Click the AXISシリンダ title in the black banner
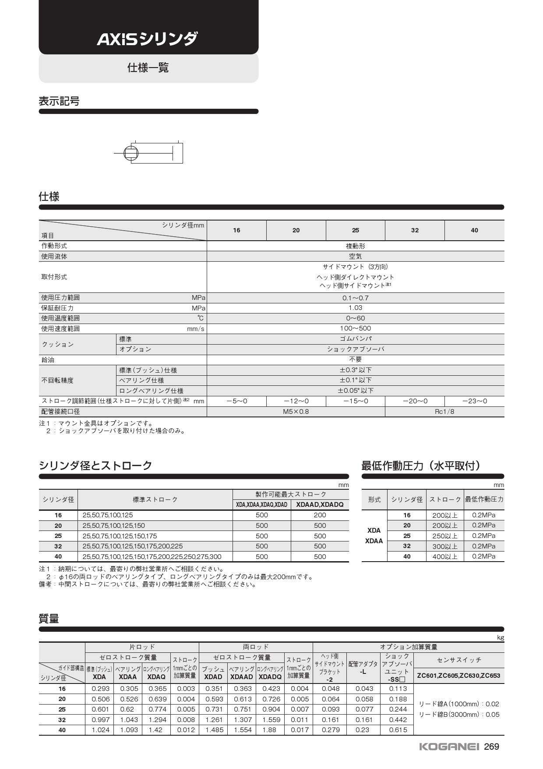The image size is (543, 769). point(147,39)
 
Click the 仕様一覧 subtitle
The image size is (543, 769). point(148,68)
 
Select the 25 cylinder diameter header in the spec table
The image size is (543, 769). point(355,230)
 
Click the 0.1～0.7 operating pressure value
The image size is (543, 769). point(355,298)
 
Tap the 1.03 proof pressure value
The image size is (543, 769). point(355,308)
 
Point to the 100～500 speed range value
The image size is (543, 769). point(355,328)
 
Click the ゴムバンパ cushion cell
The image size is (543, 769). point(355,339)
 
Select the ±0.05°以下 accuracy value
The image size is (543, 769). point(355,390)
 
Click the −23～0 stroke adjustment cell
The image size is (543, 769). point(474,401)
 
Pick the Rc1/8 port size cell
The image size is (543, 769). point(444,411)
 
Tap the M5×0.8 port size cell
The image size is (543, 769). point(296,411)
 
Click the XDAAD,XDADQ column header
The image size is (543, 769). point(320,505)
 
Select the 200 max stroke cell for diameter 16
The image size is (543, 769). point(320,515)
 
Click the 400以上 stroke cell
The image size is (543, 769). point(445,556)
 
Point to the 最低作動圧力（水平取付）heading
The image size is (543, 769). point(421,466)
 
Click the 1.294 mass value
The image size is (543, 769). point(156,719)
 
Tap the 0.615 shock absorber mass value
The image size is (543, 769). point(397,730)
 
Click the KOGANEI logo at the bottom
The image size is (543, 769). point(449,747)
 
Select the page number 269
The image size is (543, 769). point(491,747)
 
